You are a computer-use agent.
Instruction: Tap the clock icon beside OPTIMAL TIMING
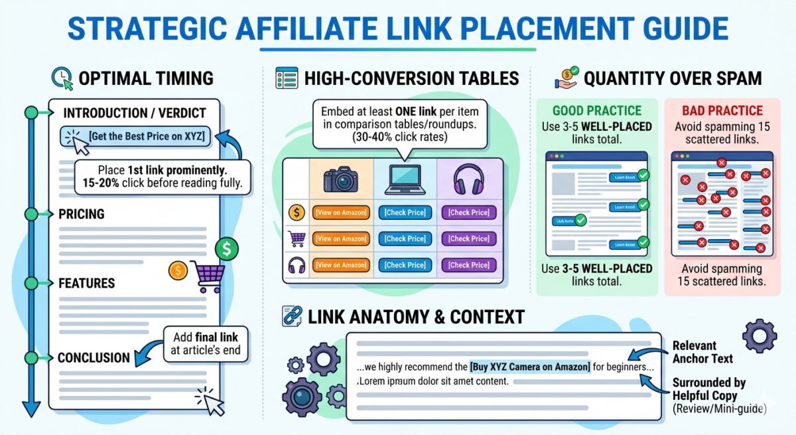[61, 78]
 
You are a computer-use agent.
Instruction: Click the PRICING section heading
[82, 215]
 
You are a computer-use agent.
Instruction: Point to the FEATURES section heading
[87, 283]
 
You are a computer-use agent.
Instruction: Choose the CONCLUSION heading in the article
[94, 357]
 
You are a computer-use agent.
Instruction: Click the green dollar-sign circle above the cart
[227, 249]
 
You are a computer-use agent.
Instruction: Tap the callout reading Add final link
[206, 343]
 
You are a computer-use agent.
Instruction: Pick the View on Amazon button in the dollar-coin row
[341, 213]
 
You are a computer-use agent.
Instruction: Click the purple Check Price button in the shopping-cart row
[469, 238]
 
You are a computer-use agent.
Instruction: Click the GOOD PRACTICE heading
[597, 111]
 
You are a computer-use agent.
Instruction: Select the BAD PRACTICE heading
[722, 111]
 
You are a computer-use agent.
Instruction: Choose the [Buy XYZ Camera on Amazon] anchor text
[529, 366]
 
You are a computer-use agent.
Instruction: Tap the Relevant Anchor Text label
[702, 352]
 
